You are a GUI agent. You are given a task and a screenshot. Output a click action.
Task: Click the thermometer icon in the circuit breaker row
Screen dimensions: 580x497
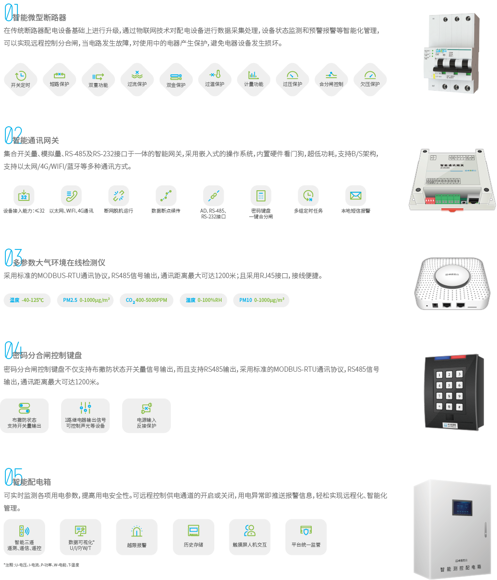click(x=215, y=76)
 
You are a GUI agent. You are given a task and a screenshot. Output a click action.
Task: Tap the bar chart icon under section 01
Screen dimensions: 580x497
click(x=253, y=75)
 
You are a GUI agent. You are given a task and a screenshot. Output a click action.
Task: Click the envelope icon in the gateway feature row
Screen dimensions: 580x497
click(x=355, y=196)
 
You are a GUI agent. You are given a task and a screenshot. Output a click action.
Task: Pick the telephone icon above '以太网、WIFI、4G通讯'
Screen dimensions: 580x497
click(x=71, y=196)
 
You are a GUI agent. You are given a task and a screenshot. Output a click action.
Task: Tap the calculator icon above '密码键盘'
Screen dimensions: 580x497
click(x=261, y=196)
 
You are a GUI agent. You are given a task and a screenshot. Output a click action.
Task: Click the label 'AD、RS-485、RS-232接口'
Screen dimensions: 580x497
click(x=213, y=214)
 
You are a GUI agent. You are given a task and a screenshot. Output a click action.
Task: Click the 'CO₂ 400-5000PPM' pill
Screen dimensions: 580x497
click(x=146, y=300)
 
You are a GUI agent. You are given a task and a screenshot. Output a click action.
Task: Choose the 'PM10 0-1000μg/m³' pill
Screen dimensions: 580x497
click(x=261, y=300)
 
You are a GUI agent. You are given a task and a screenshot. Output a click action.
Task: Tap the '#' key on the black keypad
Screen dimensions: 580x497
click(x=459, y=407)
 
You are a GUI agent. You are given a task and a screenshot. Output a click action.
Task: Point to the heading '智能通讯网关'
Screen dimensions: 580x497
click(x=35, y=141)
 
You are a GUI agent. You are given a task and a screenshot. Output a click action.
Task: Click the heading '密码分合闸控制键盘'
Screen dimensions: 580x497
click(x=47, y=355)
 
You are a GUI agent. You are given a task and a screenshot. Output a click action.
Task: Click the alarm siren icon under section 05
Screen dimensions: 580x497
click(x=137, y=531)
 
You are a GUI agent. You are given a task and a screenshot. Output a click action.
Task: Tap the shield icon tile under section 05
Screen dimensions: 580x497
click(x=305, y=531)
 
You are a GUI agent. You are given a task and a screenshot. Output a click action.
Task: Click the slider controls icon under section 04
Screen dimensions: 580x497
click(x=85, y=408)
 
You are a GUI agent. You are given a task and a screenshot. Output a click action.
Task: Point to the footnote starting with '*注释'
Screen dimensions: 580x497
click(x=41, y=565)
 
